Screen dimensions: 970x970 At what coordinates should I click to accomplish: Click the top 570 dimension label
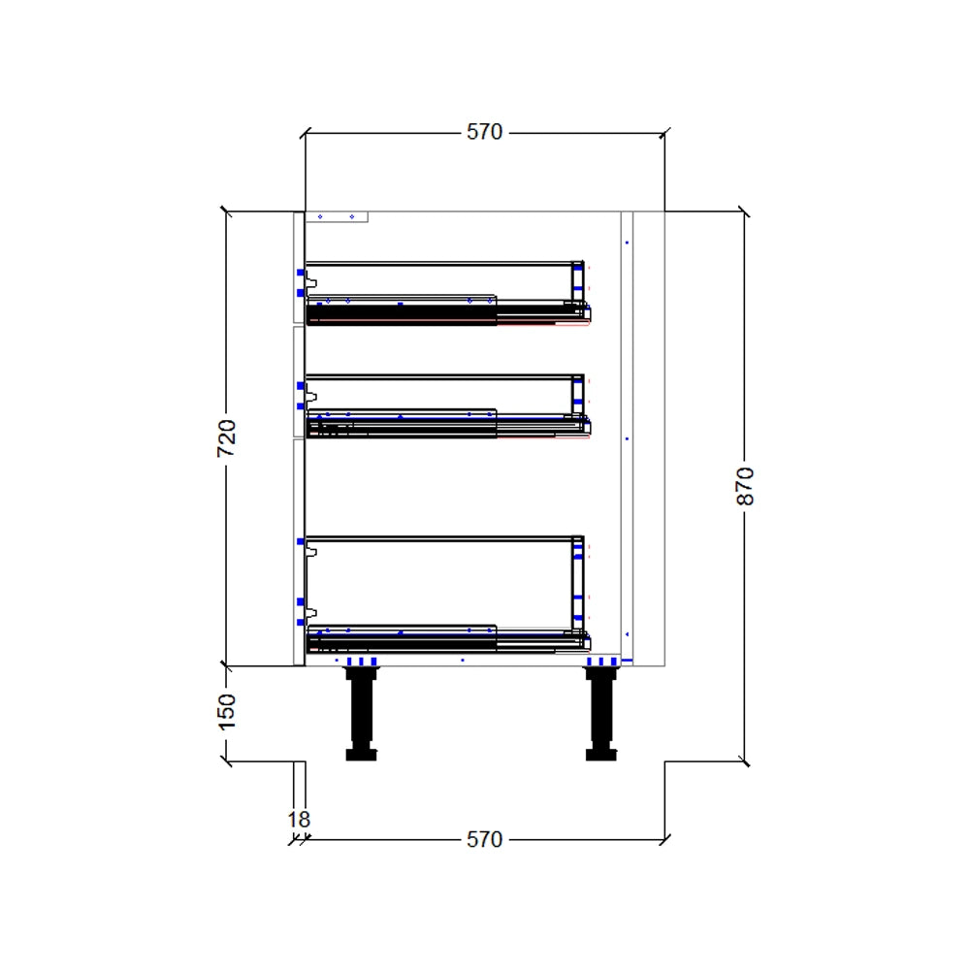484,132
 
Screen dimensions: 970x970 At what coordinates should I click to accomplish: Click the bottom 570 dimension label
484,839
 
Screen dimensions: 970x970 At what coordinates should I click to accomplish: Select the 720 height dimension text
226,438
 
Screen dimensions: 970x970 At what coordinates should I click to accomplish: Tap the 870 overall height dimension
745,485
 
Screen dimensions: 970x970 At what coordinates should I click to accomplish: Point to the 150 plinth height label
226,713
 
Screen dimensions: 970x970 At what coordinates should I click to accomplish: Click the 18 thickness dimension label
299,820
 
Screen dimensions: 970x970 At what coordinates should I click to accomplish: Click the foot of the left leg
361,754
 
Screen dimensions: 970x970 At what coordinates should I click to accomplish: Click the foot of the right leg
601,754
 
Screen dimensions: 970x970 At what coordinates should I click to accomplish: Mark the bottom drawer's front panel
299,553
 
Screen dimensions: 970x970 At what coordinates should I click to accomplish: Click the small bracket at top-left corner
337,217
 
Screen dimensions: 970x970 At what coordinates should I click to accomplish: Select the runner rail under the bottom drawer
446,642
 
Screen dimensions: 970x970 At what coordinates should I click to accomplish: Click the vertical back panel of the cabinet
627,436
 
